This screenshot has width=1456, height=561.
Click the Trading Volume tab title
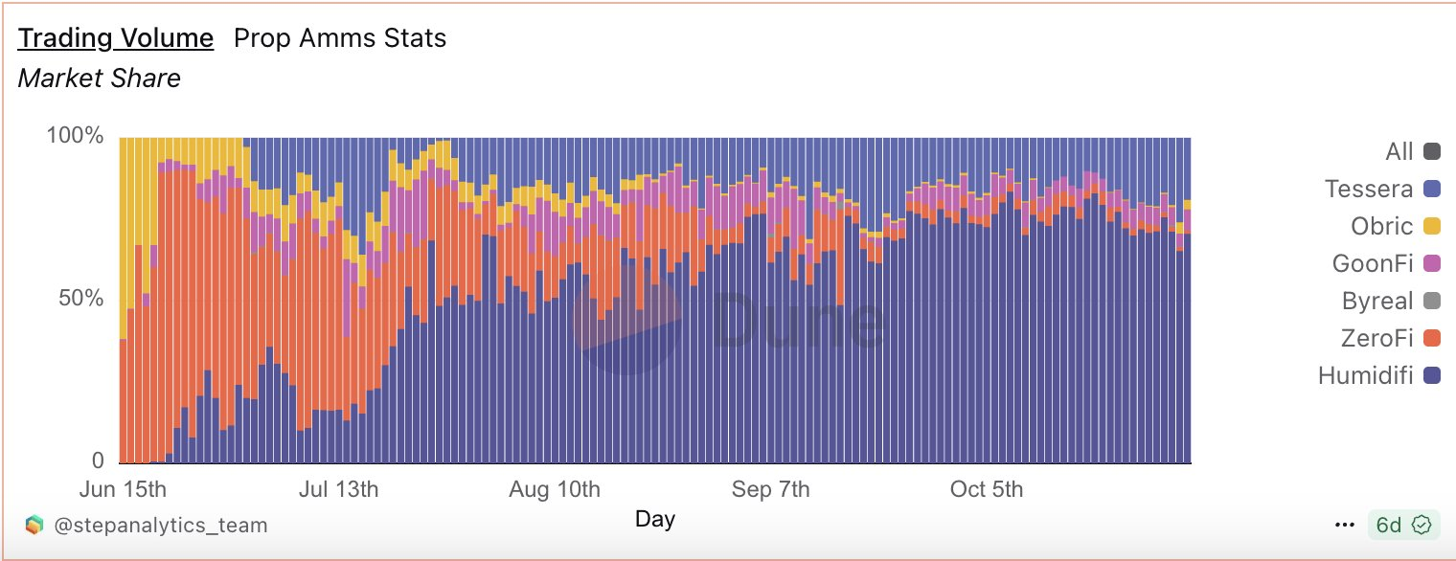pos(116,38)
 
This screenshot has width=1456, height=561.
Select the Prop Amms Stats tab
pos(340,38)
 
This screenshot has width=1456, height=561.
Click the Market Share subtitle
pos(100,79)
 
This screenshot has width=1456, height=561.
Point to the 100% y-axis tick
pos(75,136)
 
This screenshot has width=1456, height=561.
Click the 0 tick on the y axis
pos(97,460)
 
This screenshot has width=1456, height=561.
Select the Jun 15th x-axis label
pos(123,489)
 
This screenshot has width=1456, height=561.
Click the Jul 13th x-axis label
pos(338,489)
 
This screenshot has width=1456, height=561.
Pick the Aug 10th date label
pos(556,489)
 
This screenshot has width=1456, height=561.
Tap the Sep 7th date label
pos(771,489)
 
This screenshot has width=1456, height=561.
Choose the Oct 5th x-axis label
pos(987,489)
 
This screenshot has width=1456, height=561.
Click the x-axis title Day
pos(655,519)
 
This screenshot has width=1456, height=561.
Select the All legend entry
pos(1399,151)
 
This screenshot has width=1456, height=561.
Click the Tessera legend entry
pos(1369,189)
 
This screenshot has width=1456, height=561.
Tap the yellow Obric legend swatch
pos(1432,227)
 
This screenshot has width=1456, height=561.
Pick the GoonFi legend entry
pos(1373,263)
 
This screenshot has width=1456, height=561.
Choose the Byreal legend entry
pos(1377,301)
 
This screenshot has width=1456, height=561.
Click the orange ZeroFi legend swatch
pos(1432,338)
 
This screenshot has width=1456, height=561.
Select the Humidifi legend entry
pos(1365,375)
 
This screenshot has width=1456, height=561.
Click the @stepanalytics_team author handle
pos(159,525)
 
